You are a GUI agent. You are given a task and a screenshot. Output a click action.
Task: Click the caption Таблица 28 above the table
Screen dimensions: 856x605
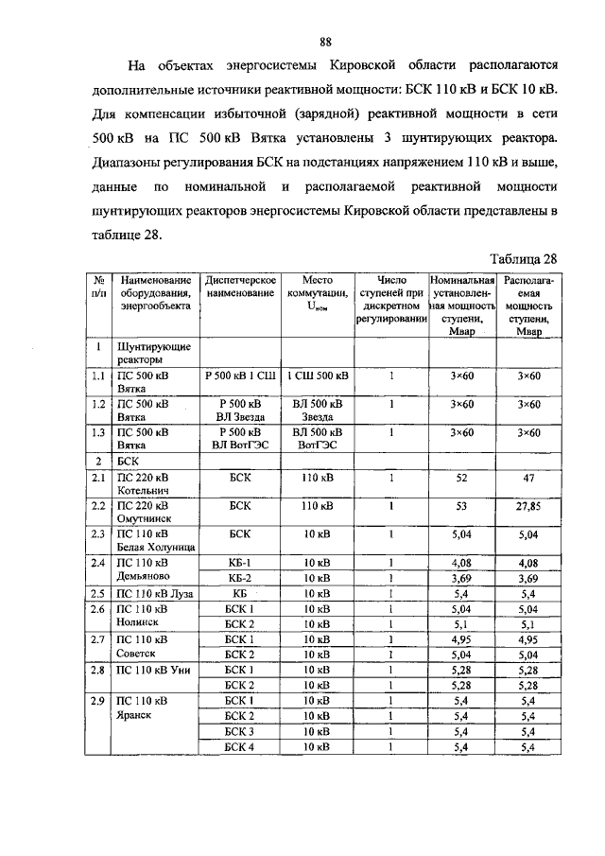[x=527, y=259]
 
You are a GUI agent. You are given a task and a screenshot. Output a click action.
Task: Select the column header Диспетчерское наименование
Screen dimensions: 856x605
[x=240, y=288]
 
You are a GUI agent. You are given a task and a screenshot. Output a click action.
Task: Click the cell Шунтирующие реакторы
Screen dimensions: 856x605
[x=142, y=354]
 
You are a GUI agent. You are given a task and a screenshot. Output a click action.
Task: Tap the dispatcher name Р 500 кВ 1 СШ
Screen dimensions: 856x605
[x=240, y=376]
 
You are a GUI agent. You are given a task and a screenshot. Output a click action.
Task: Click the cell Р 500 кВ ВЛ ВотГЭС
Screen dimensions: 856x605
[x=240, y=439]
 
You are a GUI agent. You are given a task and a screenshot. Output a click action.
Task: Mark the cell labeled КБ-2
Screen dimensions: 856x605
[x=240, y=578]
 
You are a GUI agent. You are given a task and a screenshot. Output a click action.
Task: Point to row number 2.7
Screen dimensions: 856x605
[x=97, y=640]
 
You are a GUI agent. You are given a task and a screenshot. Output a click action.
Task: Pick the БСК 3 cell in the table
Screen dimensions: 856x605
[x=240, y=731]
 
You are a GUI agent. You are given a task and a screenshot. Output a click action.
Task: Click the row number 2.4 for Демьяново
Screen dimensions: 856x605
[x=97, y=564]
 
